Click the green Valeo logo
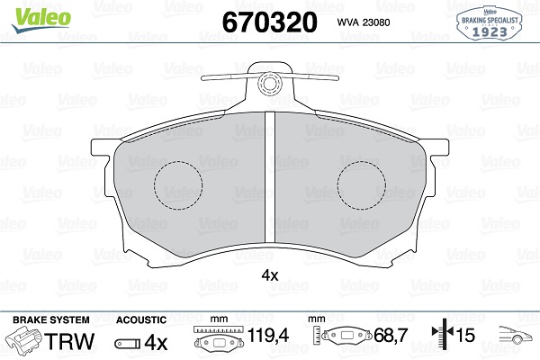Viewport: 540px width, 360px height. [x=41, y=19]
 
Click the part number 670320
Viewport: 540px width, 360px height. [x=270, y=22]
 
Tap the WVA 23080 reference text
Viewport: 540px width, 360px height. [x=364, y=22]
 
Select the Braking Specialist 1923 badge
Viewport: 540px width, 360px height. [x=489, y=23]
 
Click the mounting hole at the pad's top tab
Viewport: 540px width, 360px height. [x=270, y=83]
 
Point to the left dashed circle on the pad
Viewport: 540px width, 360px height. [x=178, y=185]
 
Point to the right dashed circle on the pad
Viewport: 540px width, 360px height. [x=362, y=185]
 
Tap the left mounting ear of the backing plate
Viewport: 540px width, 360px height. [x=103, y=148]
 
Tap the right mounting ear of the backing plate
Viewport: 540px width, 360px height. [x=437, y=148]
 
